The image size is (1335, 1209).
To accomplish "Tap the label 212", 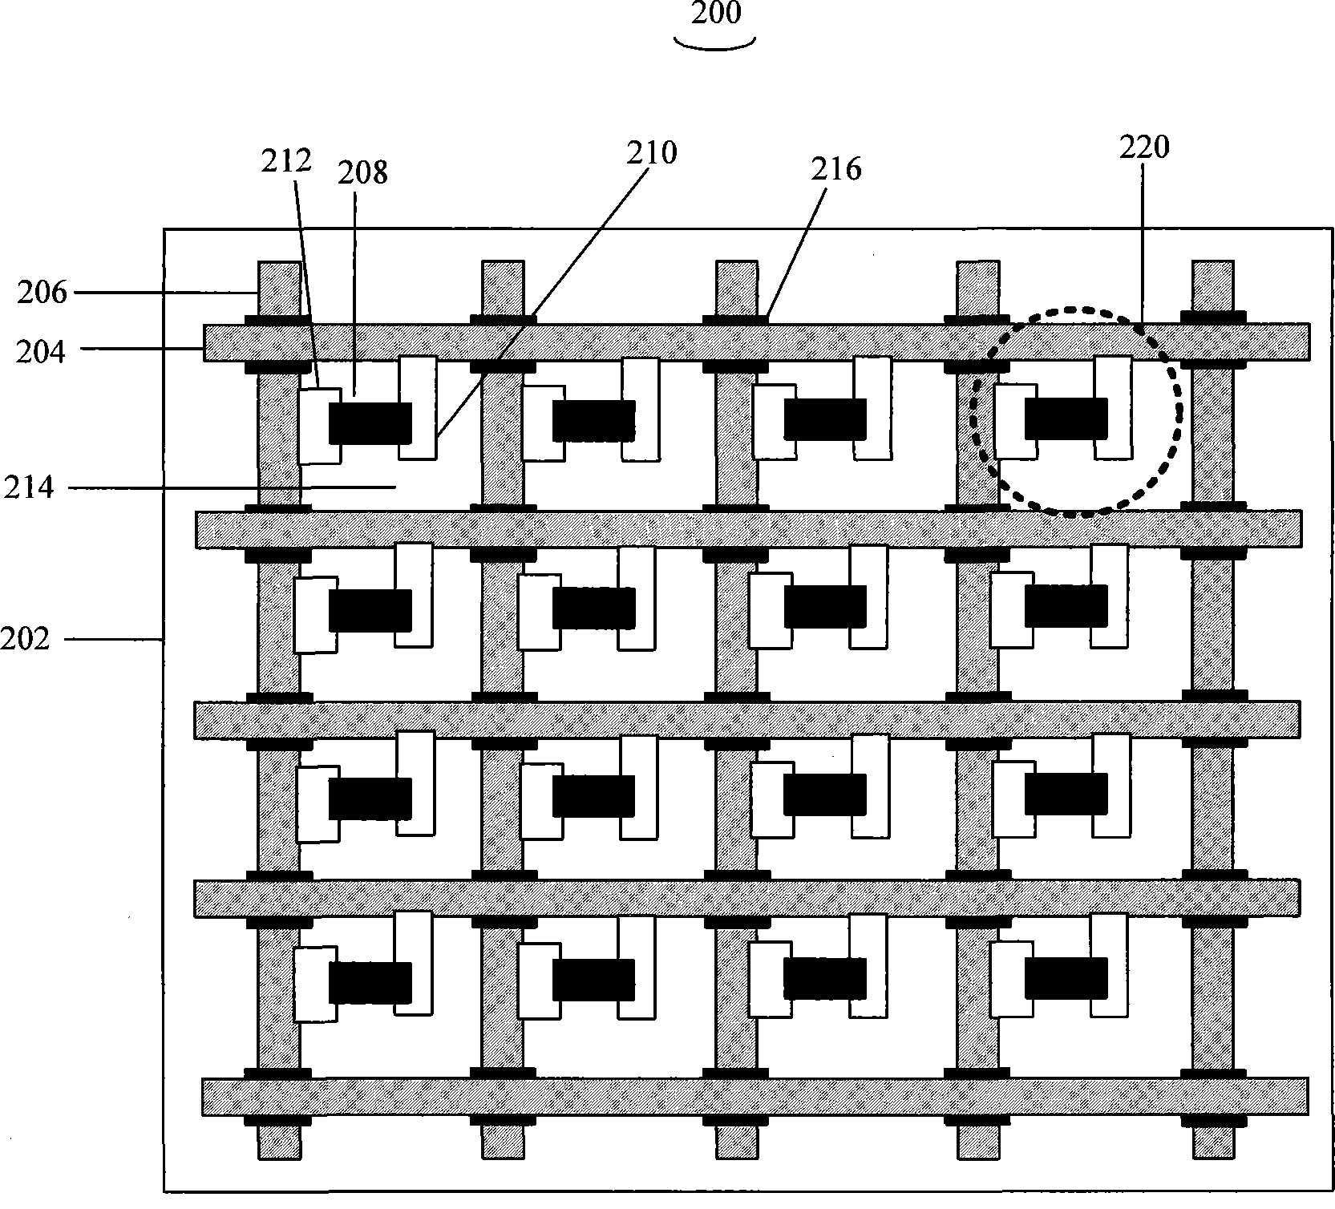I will point(286,160).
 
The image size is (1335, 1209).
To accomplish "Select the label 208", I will point(362,172).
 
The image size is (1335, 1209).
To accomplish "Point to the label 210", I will point(652,152).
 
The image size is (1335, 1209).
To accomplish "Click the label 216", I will point(836,168).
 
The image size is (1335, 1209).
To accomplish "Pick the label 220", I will point(1144,147).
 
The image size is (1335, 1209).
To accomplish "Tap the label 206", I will point(42,293).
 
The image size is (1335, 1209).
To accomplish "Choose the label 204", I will point(40,351).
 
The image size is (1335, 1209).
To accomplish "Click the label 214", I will point(29,487).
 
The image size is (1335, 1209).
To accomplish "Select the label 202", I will point(25,640).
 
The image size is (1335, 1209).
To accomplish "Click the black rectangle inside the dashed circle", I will point(1066,418).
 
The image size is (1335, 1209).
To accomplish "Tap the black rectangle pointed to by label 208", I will point(370,423).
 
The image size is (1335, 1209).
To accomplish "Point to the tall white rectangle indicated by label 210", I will point(419,407).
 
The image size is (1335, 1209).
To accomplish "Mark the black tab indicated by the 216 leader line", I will point(736,321).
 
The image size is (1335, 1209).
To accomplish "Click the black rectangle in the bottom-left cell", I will point(370,982).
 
